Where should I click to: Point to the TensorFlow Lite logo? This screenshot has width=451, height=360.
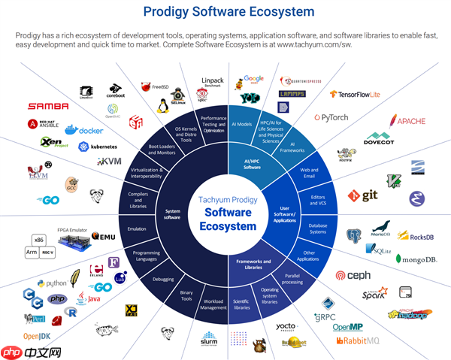(x=357, y=95)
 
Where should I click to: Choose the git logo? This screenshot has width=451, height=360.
(x=362, y=195)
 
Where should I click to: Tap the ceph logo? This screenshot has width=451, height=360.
(x=353, y=275)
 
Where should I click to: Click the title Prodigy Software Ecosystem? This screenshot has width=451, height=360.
(x=225, y=13)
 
